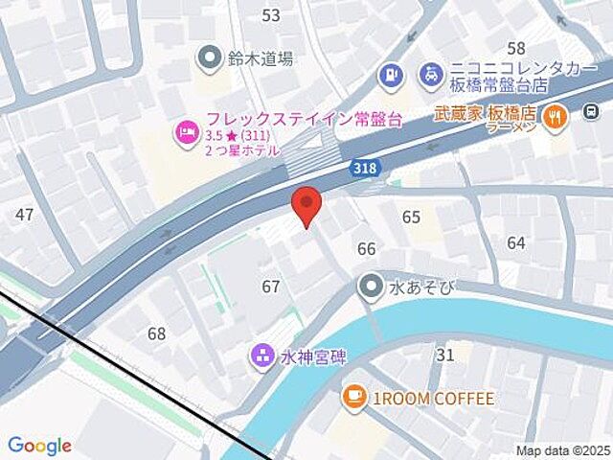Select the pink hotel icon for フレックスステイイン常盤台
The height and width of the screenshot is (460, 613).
183,132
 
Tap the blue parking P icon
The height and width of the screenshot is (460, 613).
391,73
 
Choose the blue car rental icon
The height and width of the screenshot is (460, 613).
432,73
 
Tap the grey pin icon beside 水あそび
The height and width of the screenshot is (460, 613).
371,285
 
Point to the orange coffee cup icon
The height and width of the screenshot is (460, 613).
353,396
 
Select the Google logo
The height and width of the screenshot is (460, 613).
39,446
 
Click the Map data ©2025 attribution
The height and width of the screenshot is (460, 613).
561,450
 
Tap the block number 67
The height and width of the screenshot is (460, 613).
271,287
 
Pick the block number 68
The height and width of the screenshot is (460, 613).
156,333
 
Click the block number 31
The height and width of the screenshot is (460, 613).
444,356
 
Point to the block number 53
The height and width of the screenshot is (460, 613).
271,14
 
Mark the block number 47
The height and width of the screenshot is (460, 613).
25,214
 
